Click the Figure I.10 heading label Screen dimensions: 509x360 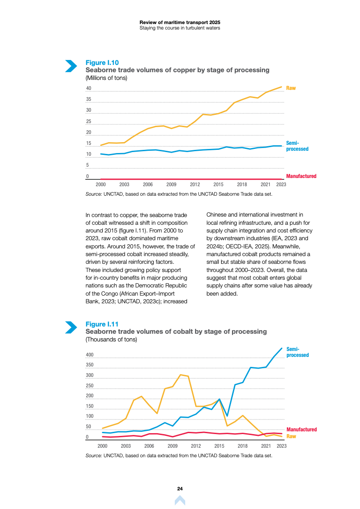pos(102,63)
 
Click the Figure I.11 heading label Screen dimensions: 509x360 pos(102,324)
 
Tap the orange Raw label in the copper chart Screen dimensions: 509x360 pos(291,88)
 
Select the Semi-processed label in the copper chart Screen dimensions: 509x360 pos(297,146)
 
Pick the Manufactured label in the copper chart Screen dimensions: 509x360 pos(301,176)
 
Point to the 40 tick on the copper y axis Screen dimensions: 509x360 pos(89,89)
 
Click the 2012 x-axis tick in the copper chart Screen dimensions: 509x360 pos(195,185)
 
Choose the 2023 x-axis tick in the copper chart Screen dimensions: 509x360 pos(281,185)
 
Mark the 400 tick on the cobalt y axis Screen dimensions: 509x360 pos(90,355)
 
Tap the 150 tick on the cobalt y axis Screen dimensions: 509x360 pos(90,406)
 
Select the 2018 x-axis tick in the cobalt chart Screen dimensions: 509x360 pos(242,446)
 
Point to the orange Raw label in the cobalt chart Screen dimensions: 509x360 pos(291,436)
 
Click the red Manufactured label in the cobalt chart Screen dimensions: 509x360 pos(301,430)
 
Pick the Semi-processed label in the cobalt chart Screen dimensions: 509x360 pos(297,352)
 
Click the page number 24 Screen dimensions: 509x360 pos(180,489)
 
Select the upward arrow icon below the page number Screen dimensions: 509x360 pos(180,500)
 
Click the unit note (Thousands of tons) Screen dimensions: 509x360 pos(111,339)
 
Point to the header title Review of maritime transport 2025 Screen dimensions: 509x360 pos(180,22)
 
